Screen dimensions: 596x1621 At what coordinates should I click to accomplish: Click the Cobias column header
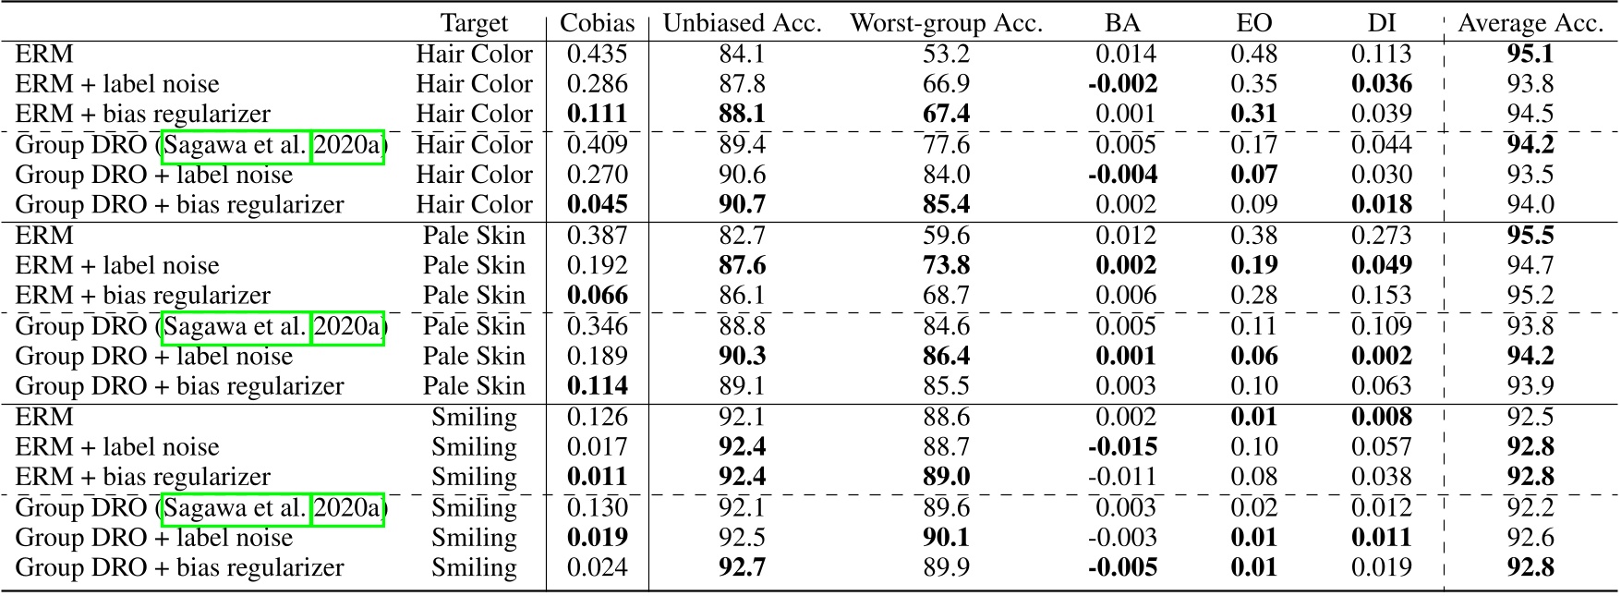point(597,24)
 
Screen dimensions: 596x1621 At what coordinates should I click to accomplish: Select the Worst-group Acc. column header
point(946,24)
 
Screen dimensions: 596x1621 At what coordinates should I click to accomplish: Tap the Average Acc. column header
point(1530,24)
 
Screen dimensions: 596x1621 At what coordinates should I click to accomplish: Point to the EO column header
point(1253,24)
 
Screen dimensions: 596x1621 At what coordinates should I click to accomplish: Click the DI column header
point(1381,24)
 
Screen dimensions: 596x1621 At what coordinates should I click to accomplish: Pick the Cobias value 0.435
point(597,55)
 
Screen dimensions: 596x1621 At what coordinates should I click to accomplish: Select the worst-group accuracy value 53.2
point(946,55)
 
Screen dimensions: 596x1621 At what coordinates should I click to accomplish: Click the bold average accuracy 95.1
point(1530,55)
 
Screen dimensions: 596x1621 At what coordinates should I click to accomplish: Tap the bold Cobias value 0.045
point(597,205)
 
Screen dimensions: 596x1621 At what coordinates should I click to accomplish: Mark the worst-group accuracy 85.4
point(946,205)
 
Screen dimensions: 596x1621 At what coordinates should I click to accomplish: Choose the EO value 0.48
point(1253,55)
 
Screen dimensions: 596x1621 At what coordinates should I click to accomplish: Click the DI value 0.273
point(1381,236)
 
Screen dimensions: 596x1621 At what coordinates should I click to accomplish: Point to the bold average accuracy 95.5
point(1530,236)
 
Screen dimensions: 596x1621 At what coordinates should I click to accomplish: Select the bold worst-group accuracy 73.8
point(946,266)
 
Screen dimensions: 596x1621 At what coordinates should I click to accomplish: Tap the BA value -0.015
point(1121,447)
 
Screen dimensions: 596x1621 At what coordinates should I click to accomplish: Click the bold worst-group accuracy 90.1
point(946,538)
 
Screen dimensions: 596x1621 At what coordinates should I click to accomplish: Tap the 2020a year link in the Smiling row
point(347,508)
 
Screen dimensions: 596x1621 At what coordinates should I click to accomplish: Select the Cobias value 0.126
point(597,417)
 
